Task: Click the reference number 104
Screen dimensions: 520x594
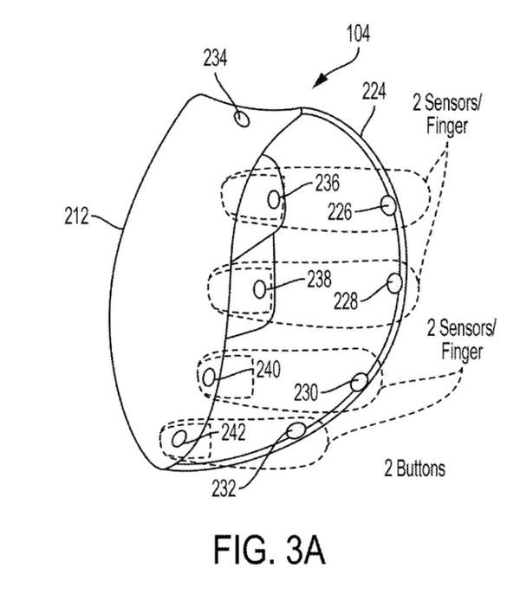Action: click(x=359, y=33)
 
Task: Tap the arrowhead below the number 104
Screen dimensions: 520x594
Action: click(x=320, y=81)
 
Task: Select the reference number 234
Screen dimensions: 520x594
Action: click(x=215, y=58)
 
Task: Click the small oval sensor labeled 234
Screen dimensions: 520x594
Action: click(x=242, y=119)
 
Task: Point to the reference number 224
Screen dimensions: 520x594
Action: click(x=374, y=91)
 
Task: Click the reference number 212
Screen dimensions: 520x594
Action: click(x=76, y=216)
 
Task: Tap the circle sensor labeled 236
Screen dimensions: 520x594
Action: click(x=274, y=200)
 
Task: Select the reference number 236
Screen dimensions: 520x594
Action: click(x=328, y=183)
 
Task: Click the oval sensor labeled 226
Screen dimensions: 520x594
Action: click(x=388, y=206)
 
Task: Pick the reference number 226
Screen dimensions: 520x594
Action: click(x=340, y=212)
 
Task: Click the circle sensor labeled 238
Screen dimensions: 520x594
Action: click(x=260, y=290)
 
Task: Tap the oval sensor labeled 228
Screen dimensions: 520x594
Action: click(x=395, y=283)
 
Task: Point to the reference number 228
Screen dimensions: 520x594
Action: click(x=346, y=301)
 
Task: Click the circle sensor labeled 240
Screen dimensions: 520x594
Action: click(x=209, y=378)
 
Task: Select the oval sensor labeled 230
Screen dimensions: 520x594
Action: click(x=359, y=382)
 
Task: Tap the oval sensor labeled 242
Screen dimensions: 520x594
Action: click(x=179, y=439)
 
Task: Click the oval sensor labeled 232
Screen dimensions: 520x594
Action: click(x=296, y=430)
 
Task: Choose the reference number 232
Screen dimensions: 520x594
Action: click(x=224, y=488)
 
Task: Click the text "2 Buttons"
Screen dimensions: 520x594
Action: click(x=414, y=468)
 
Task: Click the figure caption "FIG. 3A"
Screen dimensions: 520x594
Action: click(x=270, y=550)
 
